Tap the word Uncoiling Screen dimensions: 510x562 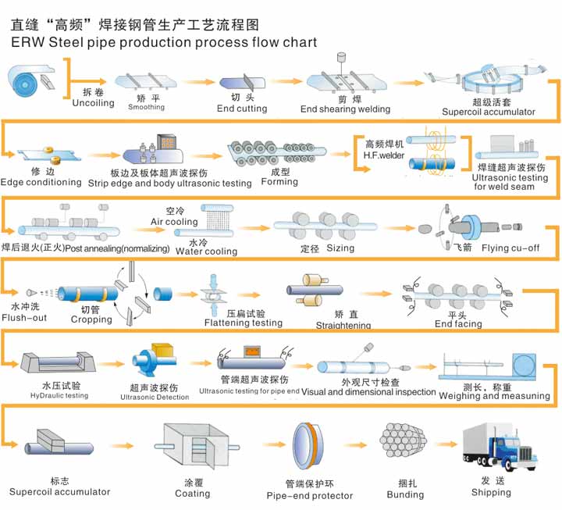[93, 103]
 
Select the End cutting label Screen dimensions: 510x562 [242, 109]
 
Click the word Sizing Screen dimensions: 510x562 [340, 248]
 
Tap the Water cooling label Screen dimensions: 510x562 [206, 251]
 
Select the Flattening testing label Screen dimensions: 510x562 [244, 323]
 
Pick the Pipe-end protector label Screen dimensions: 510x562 [310, 496]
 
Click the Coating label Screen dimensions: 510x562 [192, 494]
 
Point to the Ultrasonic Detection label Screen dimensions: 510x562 [155, 398]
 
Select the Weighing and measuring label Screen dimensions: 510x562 [494, 396]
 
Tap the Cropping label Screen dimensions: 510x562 [91, 319]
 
